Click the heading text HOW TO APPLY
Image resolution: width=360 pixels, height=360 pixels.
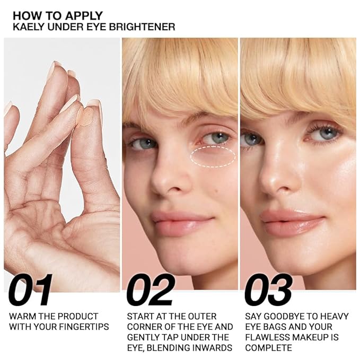(57, 15)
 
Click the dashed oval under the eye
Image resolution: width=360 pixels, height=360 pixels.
(213, 156)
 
